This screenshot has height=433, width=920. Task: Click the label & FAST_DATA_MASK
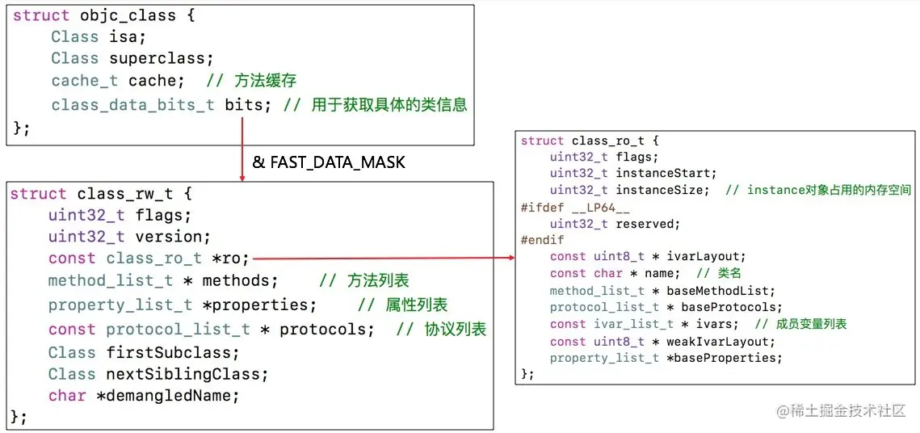coord(329,162)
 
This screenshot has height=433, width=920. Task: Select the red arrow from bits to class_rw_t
coord(243,149)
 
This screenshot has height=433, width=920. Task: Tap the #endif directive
coord(543,240)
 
